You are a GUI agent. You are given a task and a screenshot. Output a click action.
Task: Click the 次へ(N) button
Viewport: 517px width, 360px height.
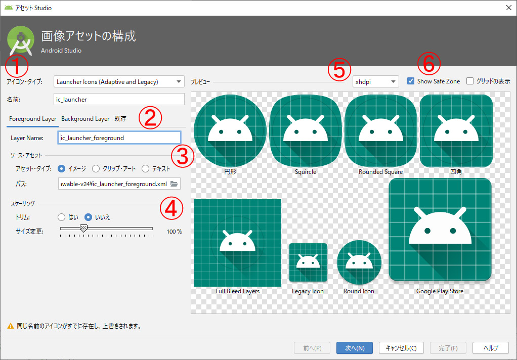[x=354, y=348]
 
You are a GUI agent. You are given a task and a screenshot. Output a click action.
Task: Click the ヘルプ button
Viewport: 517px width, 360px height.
[x=490, y=348]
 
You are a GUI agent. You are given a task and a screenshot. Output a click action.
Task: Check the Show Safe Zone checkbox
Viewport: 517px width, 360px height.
[x=411, y=81]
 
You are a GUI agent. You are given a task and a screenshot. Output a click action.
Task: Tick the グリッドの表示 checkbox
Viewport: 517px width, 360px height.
[x=470, y=81]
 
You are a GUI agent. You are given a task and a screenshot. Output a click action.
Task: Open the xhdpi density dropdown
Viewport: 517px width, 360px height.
[x=375, y=81]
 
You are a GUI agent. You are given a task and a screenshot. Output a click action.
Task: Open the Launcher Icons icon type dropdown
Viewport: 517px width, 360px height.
[x=119, y=81]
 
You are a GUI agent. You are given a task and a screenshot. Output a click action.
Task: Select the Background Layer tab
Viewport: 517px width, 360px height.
[x=85, y=119]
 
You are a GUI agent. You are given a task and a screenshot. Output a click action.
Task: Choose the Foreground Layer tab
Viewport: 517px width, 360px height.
[x=32, y=119]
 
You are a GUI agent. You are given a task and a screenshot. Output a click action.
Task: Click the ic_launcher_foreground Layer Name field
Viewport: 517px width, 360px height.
[x=119, y=138]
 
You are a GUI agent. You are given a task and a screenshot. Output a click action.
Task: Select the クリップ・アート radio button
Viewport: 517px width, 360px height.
[x=96, y=169]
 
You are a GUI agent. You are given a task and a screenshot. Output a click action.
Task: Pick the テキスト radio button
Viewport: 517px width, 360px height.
[x=146, y=169]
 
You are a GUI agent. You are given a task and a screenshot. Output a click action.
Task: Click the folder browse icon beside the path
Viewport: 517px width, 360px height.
[x=174, y=184]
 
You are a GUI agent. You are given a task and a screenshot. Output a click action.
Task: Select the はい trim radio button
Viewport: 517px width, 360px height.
[x=62, y=217]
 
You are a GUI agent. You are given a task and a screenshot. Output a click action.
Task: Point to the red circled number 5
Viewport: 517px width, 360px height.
[x=339, y=70]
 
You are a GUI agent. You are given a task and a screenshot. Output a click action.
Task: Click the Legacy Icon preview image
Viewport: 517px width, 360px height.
[x=308, y=262]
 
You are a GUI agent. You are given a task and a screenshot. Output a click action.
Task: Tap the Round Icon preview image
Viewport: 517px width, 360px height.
[x=359, y=262]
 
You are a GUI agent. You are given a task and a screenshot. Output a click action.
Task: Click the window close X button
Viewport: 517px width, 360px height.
[x=508, y=8]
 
